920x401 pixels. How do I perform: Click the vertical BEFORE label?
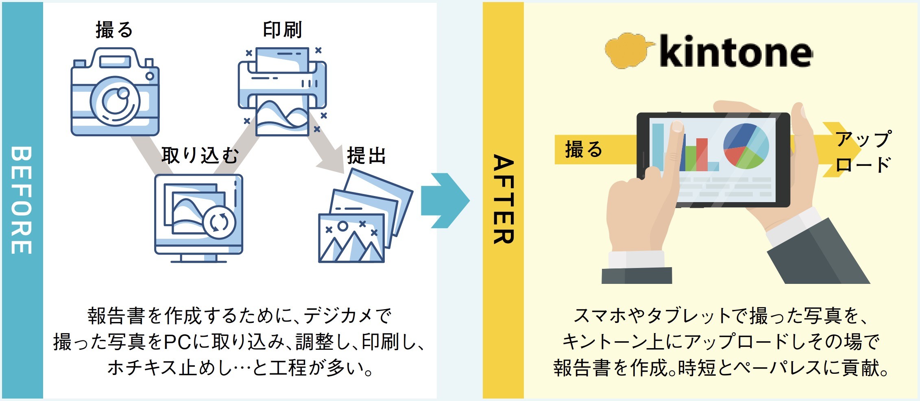21,200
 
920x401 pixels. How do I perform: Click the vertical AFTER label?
504,199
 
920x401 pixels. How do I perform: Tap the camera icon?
115,93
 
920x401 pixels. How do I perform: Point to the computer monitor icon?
198,218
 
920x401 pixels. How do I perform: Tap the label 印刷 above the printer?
282,30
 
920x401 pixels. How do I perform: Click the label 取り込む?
200,155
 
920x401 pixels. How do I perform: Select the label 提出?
366,155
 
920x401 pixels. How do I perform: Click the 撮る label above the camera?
114,30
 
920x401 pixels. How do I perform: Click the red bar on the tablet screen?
702,154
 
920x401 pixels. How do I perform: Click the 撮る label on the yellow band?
583,149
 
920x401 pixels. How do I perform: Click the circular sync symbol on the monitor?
219,222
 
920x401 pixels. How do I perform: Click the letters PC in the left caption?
177,342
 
